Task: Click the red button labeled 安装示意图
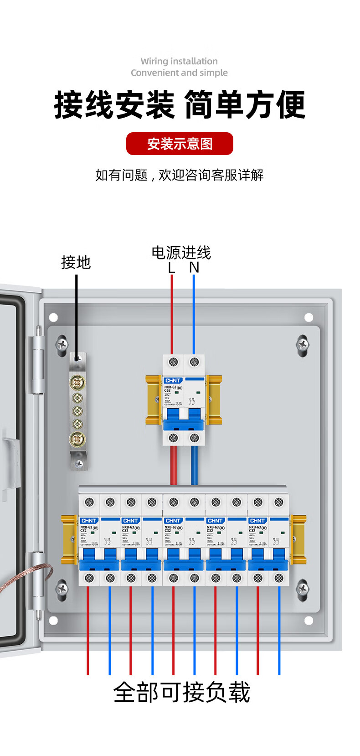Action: click(x=180, y=144)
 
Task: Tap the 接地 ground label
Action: click(x=76, y=262)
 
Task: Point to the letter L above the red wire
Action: click(x=171, y=268)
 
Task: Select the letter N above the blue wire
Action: click(x=194, y=268)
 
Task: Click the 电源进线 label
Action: click(x=181, y=252)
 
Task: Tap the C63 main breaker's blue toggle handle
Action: click(x=184, y=420)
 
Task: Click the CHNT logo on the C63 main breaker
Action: click(x=173, y=380)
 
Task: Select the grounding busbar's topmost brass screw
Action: click(x=77, y=383)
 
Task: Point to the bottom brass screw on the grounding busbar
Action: click(x=77, y=439)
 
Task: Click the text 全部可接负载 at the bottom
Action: click(x=181, y=693)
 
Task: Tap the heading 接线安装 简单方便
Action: click(x=180, y=105)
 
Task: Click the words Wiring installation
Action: click(x=179, y=61)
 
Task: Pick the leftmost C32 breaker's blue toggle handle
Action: click(x=99, y=559)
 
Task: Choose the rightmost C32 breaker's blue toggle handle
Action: click(x=268, y=559)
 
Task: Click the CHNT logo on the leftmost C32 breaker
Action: click(x=88, y=521)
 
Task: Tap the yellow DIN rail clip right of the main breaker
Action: click(x=214, y=399)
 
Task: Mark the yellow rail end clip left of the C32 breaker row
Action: click(x=69, y=539)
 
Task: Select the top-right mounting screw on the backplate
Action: click(x=302, y=344)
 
